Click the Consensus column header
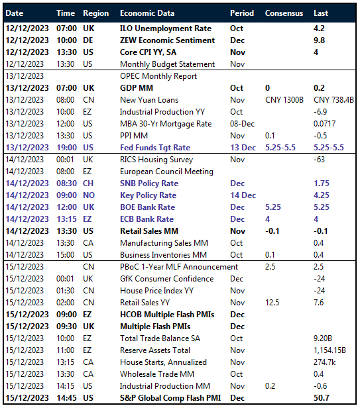tap(284, 13)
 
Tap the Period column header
tap(241, 13)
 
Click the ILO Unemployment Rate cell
tap(166, 28)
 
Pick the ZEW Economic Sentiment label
tap(167, 40)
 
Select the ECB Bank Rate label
tap(147, 219)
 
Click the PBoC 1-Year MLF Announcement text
tap(179, 267)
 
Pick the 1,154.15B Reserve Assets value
tap(332, 350)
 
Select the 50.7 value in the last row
tap(322, 398)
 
